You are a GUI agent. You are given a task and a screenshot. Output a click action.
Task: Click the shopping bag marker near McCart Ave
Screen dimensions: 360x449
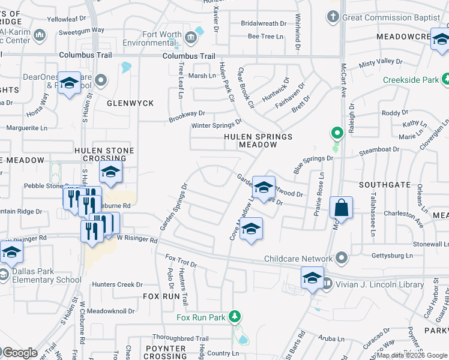click(x=341, y=208)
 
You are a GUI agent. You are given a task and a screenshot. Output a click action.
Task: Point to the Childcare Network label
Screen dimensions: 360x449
click(x=299, y=259)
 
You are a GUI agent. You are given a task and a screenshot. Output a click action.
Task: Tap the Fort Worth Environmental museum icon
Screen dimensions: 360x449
click(x=190, y=38)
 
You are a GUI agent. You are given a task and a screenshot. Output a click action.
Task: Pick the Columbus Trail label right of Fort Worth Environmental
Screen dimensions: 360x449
click(x=188, y=56)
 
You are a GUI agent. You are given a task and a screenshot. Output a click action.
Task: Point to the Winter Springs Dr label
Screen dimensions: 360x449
click(x=215, y=125)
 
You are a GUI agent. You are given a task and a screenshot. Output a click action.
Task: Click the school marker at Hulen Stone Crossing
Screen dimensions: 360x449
click(x=110, y=173)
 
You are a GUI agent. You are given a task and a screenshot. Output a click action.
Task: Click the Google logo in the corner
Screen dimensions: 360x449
click(x=19, y=353)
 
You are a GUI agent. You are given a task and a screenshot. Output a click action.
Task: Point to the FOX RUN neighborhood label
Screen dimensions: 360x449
click(x=161, y=296)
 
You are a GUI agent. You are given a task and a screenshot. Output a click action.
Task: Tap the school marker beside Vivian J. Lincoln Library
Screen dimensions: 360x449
click(x=312, y=279)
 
